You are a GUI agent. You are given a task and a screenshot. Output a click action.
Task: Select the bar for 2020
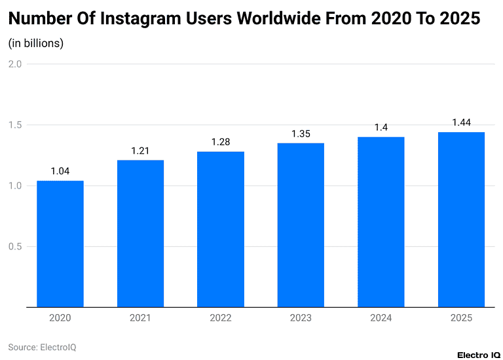pyautogui.click(x=60, y=243)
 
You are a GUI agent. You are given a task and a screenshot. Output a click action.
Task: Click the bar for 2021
pyautogui.click(x=140, y=233)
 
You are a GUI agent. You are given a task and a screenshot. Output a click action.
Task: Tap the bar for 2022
pyautogui.click(x=220, y=229)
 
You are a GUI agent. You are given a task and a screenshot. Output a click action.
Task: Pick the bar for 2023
pyautogui.click(x=301, y=225)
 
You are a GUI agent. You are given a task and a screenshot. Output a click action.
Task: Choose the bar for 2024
pyautogui.click(x=381, y=222)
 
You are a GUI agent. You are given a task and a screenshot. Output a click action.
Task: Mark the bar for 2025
pyautogui.click(x=461, y=219)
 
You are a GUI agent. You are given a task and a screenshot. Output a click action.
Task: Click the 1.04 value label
pyautogui.click(x=60, y=171)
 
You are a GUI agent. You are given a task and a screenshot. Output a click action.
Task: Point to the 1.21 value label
pyautogui.click(x=140, y=151)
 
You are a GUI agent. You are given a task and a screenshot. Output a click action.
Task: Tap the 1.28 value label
pyautogui.click(x=220, y=142)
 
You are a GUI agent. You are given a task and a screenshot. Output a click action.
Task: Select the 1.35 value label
pyautogui.click(x=301, y=134)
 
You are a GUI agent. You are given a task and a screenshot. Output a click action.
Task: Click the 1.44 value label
pyautogui.click(x=461, y=122)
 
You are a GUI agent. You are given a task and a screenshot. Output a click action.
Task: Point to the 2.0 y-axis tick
pyautogui.click(x=15, y=64)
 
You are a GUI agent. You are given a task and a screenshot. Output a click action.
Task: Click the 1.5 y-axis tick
pyautogui.click(x=15, y=125)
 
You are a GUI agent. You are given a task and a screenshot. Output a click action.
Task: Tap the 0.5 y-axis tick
pyautogui.click(x=15, y=247)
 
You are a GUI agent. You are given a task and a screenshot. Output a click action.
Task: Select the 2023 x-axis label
pyautogui.click(x=301, y=318)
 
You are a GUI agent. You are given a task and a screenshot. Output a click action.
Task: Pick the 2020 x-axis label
pyautogui.click(x=60, y=318)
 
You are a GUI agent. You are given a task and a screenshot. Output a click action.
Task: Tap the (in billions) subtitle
pyautogui.click(x=35, y=44)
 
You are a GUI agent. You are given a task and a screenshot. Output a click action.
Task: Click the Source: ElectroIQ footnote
pyautogui.click(x=42, y=347)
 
